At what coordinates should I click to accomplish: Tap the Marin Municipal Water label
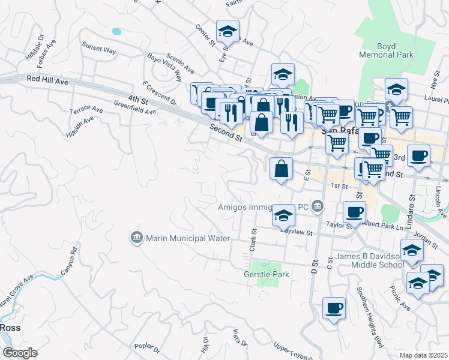186,239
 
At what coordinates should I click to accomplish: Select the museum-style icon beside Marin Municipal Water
136,238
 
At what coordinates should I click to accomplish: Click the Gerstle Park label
267,274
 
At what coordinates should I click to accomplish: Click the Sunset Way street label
99,50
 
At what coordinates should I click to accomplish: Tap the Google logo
19,353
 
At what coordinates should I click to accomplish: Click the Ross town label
10,328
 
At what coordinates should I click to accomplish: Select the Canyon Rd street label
69,261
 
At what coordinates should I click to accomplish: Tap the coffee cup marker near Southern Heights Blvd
334,308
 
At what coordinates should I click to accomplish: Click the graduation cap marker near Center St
228,31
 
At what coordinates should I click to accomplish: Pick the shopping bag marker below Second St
281,169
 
